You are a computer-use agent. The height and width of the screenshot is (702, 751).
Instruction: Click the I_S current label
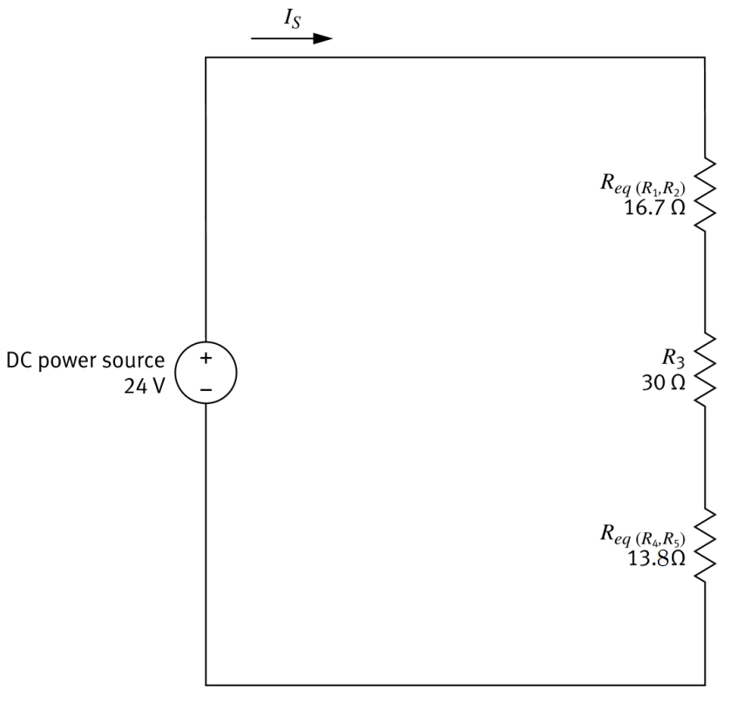pyautogui.click(x=289, y=18)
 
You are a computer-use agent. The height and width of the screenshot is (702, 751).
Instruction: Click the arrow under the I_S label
pyautogui.click(x=291, y=38)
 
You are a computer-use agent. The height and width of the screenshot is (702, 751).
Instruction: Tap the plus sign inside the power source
pyautogui.click(x=206, y=357)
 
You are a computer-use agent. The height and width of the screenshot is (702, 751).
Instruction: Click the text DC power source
pyautogui.click(x=85, y=360)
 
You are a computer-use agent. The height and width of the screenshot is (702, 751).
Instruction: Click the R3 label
pyautogui.click(x=673, y=355)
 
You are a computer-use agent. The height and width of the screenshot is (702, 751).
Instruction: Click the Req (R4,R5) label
pyautogui.click(x=643, y=533)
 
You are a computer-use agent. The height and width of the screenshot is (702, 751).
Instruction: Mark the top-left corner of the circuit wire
pyautogui.click(x=206, y=57)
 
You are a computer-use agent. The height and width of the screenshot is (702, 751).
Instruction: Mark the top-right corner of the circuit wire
pyautogui.click(x=704, y=57)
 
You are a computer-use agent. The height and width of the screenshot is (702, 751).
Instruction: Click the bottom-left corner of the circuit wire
pyautogui.click(x=206, y=685)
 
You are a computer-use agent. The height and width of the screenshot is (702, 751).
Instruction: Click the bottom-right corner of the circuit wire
pyautogui.click(x=704, y=685)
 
